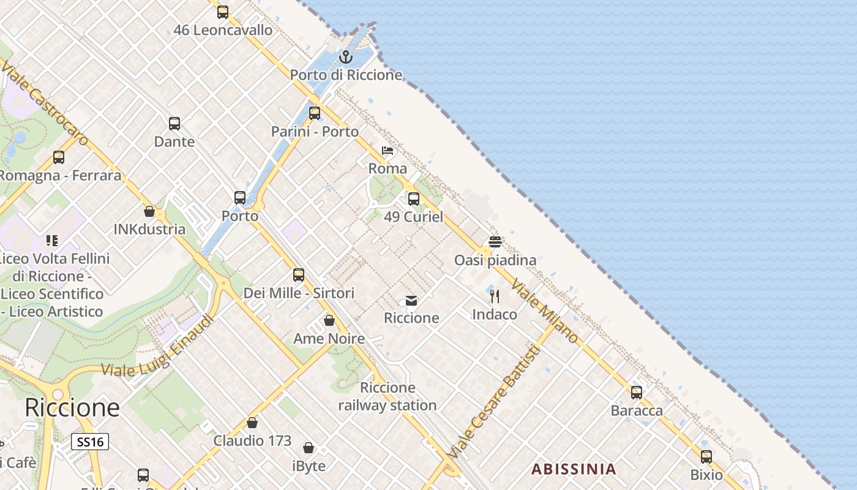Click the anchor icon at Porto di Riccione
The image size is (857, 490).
coord(346,57)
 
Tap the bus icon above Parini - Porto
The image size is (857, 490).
coord(315,113)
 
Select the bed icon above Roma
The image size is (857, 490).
coord(387,151)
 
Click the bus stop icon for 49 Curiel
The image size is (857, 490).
coord(414,199)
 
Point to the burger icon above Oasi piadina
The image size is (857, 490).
coord(495,242)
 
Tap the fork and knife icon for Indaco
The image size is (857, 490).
coord(495,297)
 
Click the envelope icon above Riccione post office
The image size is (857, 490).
coord(411,301)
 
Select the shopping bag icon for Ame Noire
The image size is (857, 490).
coord(329,320)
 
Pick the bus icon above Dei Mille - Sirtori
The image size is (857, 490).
coord(299,275)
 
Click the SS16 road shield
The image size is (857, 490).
coord(90,442)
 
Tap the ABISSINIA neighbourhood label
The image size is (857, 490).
coord(574,470)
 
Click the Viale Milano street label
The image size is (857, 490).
coord(545,312)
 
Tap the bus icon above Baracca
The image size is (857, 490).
coord(637,393)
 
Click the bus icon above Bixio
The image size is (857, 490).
coord(706,456)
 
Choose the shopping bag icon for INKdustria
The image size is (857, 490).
coord(149,211)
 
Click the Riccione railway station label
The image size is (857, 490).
coord(387,396)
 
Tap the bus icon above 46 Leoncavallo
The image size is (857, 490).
coord(223,12)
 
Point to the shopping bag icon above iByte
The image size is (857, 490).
coord(309,448)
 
